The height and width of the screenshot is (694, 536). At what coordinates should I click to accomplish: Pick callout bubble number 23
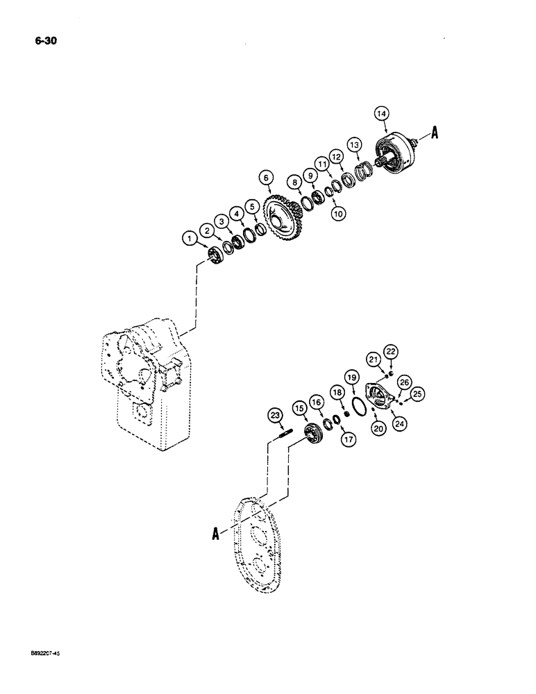(x=275, y=416)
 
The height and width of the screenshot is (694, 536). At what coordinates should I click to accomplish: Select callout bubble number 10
(x=319, y=214)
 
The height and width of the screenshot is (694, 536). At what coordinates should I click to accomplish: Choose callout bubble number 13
(x=354, y=144)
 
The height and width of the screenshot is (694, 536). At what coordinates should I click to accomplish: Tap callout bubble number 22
(x=390, y=351)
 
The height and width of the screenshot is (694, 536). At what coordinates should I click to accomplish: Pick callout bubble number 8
(x=296, y=183)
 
